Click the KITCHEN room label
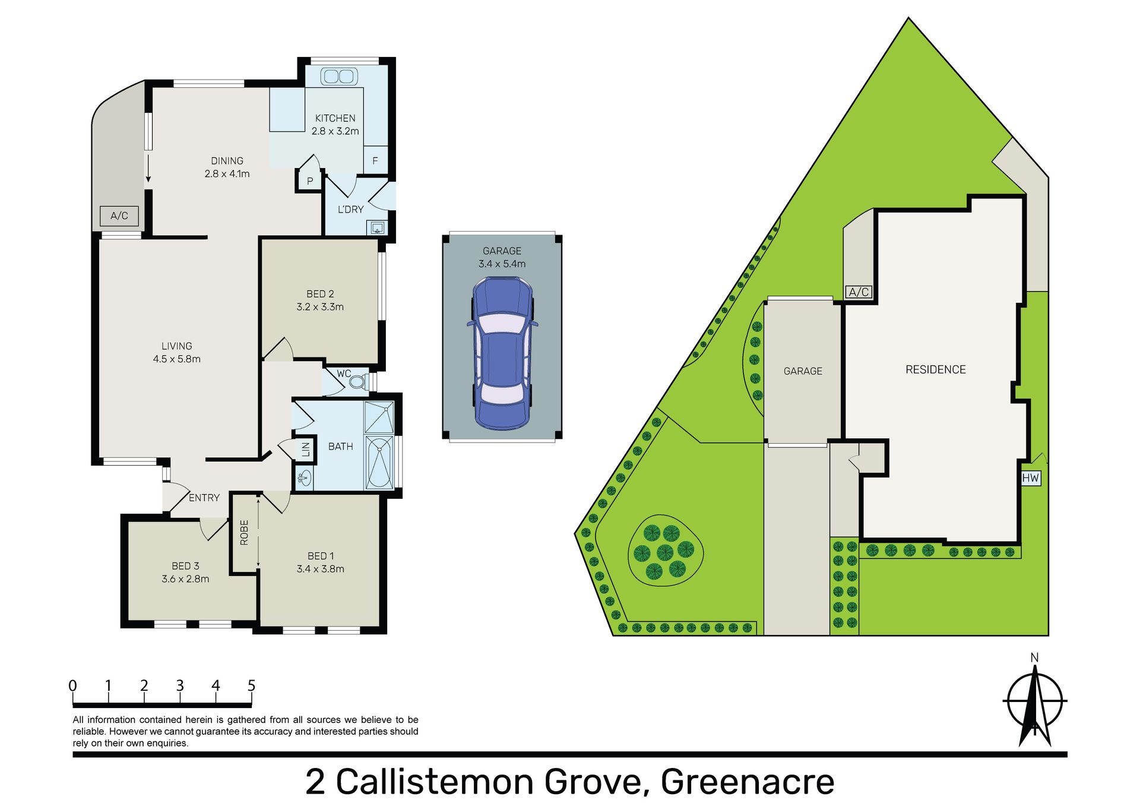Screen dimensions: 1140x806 [x=335, y=118]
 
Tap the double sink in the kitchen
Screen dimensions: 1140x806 [x=339, y=77]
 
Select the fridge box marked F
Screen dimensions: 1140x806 [x=375, y=160]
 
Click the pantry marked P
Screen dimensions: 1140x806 [x=310, y=181]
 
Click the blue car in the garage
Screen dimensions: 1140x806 [x=502, y=353]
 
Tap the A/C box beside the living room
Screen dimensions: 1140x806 [x=119, y=216]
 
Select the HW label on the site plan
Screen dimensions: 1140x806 [x=1031, y=478]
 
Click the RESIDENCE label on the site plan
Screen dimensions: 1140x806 [x=935, y=369]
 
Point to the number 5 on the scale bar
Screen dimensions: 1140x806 [x=251, y=685]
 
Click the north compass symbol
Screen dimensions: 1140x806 [x=1035, y=701]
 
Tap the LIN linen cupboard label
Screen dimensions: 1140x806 [x=306, y=449]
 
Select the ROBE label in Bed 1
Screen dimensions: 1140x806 [x=244, y=532]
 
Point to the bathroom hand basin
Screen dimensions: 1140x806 [x=304, y=477]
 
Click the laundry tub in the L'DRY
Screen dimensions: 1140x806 [x=377, y=227]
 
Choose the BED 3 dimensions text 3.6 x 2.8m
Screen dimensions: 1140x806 [x=185, y=579]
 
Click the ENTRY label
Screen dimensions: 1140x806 [x=204, y=498]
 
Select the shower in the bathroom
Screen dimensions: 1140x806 [x=379, y=418]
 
